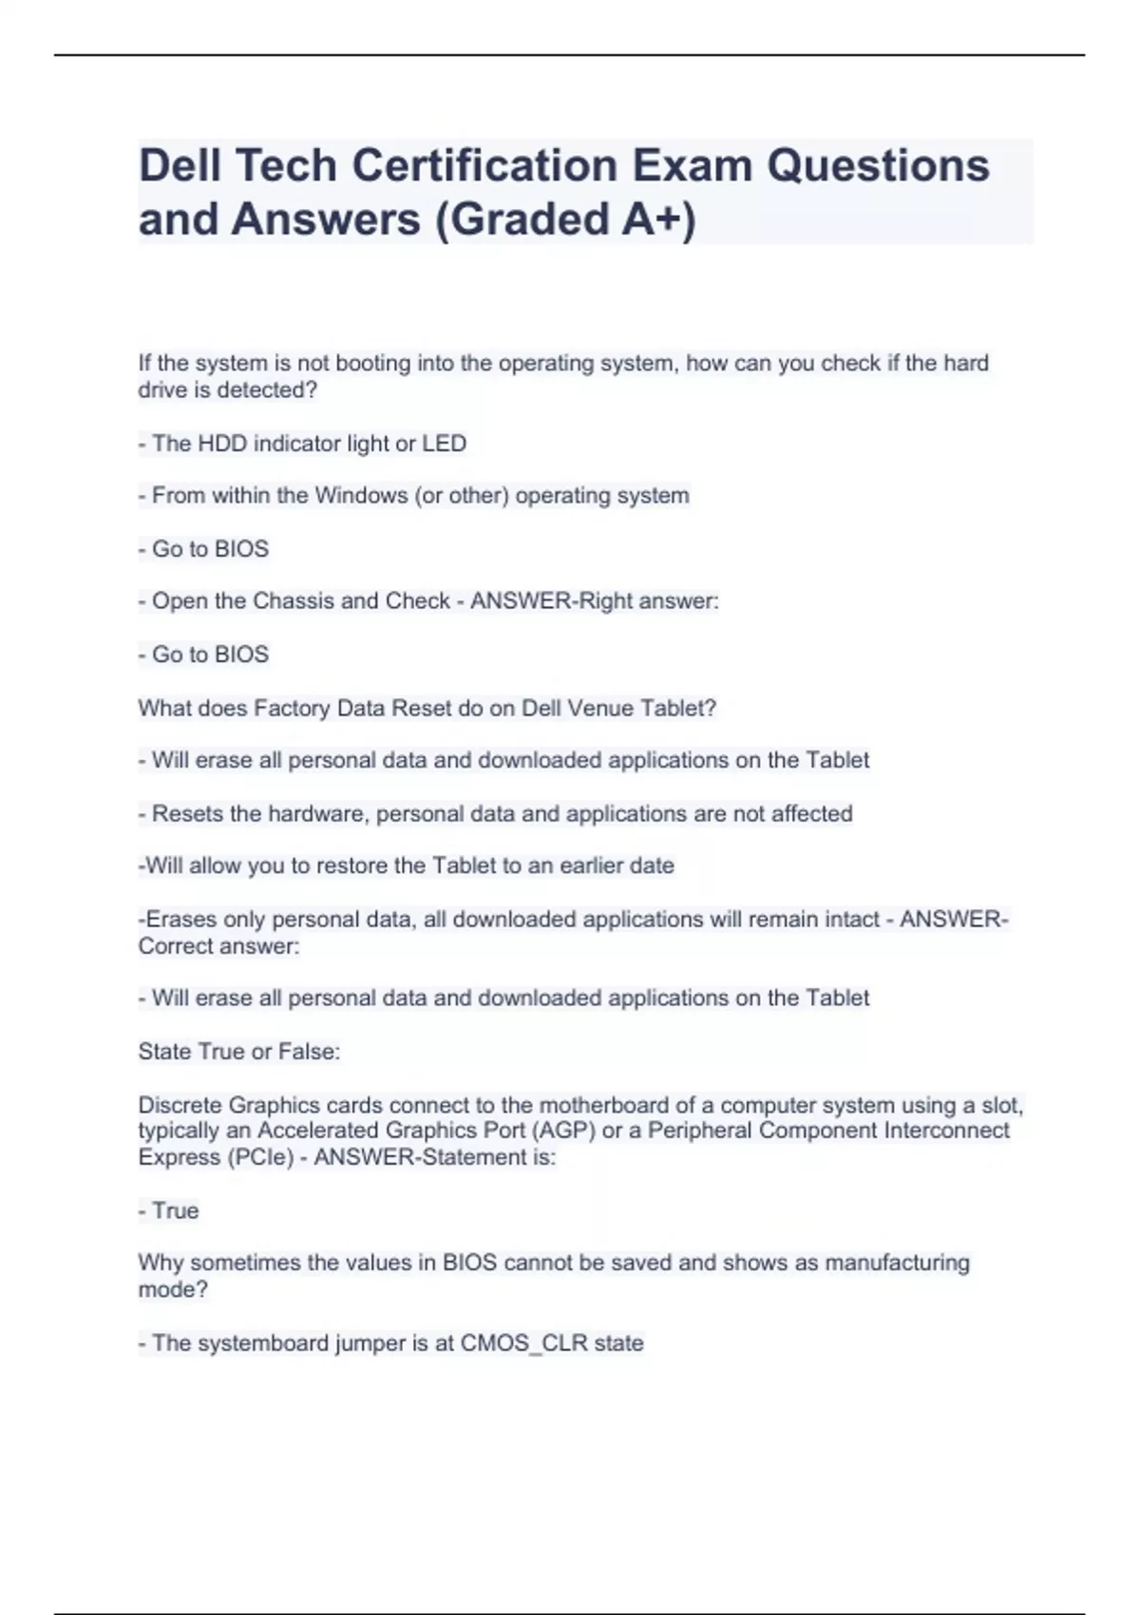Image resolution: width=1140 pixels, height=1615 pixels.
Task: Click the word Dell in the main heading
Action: pos(180,165)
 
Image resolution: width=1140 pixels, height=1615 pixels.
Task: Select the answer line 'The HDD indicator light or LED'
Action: pos(302,444)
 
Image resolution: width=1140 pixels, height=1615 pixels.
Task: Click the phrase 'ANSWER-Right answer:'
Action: pos(595,601)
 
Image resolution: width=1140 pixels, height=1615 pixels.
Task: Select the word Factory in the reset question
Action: pos(288,709)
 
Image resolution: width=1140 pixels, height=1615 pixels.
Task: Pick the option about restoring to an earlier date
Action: pos(407,866)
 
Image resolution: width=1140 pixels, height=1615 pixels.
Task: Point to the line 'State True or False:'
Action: pos(239,1052)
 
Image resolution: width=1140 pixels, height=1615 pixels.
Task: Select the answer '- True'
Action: pos(169,1210)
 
